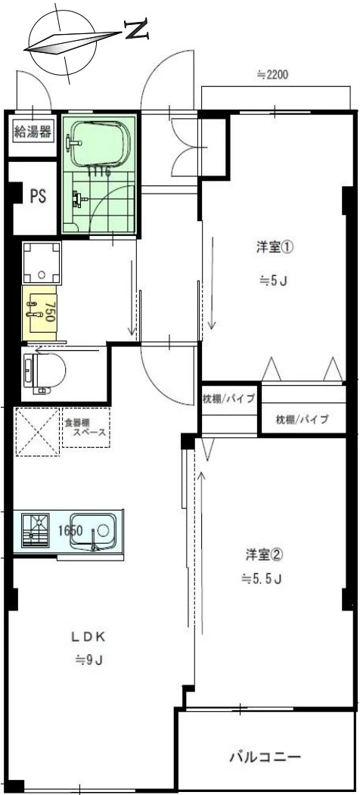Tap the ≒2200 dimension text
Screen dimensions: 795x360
click(272, 75)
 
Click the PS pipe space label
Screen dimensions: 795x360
click(37, 197)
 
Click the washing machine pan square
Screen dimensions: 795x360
click(42, 262)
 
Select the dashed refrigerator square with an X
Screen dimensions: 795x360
click(37, 432)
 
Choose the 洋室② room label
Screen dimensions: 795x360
click(264, 554)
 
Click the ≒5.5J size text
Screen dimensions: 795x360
click(262, 579)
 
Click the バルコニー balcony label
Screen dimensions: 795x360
click(265, 756)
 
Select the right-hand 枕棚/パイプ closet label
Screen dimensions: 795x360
click(302, 419)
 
